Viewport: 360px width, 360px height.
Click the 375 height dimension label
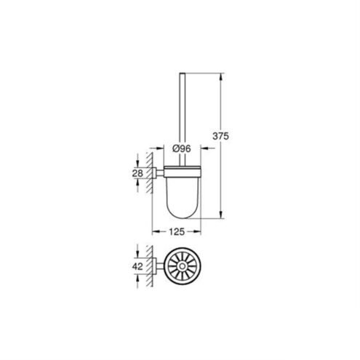click(x=220, y=136)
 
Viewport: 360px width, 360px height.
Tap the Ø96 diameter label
click(x=181, y=148)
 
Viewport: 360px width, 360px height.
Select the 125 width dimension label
click(x=177, y=232)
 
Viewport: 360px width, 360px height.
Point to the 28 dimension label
click(x=137, y=173)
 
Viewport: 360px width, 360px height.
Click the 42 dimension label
click(x=137, y=267)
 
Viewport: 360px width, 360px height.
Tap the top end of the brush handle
click(x=182, y=73)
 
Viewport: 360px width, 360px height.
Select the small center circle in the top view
click(x=182, y=266)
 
